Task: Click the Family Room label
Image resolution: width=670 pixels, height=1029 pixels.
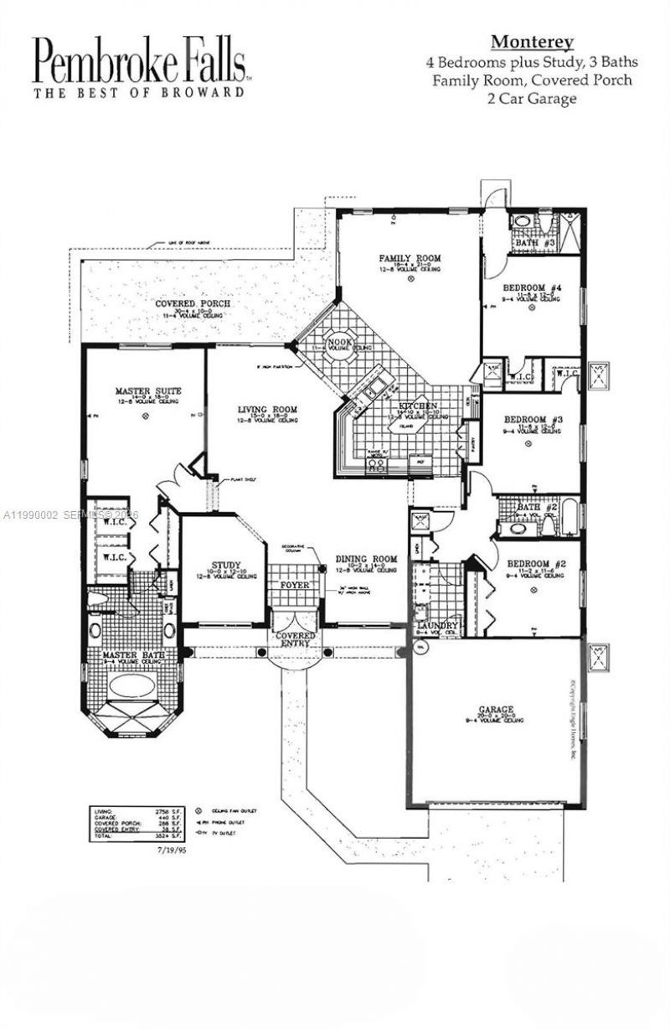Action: pyautogui.click(x=410, y=258)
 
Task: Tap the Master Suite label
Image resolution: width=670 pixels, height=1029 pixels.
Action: pyautogui.click(x=148, y=391)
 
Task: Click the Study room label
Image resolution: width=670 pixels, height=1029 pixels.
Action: pyautogui.click(x=226, y=565)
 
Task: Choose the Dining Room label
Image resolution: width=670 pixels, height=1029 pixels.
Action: pyautogui.click(x=366, y=559)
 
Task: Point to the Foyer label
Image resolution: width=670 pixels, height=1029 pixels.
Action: pyautogui.click(x=293, y=584)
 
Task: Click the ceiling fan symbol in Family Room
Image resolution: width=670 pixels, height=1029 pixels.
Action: pyautogui.click(x=411, y=282)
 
